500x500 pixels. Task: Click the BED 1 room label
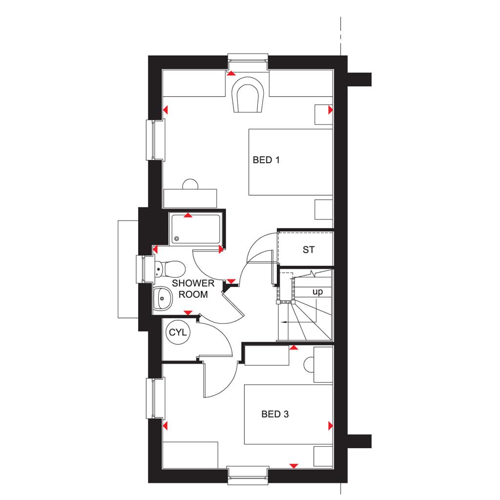[266, 160]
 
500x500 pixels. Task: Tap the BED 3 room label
[275, 415]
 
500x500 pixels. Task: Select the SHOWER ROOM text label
[193, 289]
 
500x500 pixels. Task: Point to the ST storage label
[308, 250]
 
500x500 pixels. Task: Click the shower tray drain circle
[177, 239]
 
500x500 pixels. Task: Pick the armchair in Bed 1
[248, 95]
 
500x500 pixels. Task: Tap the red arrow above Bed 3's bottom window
[293, 465]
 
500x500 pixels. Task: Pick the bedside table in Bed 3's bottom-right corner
[323, 455]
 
